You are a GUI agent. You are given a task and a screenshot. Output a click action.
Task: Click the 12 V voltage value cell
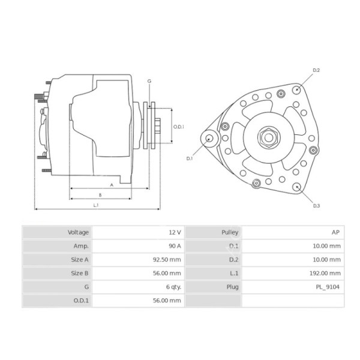point(175,232)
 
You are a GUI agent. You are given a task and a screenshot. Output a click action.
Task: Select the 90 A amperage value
point(175,246)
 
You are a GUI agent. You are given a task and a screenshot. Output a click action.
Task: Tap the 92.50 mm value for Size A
point(168,259)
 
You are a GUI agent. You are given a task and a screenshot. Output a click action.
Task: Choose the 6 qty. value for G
point(173,287)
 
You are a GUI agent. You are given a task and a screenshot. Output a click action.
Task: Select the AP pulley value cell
point(336,232)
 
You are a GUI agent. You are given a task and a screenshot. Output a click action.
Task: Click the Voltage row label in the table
point(78,232)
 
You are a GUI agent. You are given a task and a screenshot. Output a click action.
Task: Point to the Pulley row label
point(230,232)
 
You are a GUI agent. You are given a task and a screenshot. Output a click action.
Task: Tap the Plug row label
point(232,287)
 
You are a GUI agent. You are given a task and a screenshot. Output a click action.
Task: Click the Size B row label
point(79,273)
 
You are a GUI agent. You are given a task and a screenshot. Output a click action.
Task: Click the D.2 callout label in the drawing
point(316,71)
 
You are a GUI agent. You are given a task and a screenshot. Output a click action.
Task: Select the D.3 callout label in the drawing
point(316,205)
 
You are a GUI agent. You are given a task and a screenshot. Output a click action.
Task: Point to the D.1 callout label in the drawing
point(189,158)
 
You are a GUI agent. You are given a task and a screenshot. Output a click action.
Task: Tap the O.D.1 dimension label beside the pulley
point(178,127)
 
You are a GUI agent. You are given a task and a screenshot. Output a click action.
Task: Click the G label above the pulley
point(149,81)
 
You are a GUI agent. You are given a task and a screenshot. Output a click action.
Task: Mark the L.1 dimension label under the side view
point(96,205)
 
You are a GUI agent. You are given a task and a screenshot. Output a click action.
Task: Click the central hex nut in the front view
point(268,137)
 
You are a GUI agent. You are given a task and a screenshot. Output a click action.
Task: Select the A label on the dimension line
point(112,184)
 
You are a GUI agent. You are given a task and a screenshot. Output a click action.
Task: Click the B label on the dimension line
point(100,194)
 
